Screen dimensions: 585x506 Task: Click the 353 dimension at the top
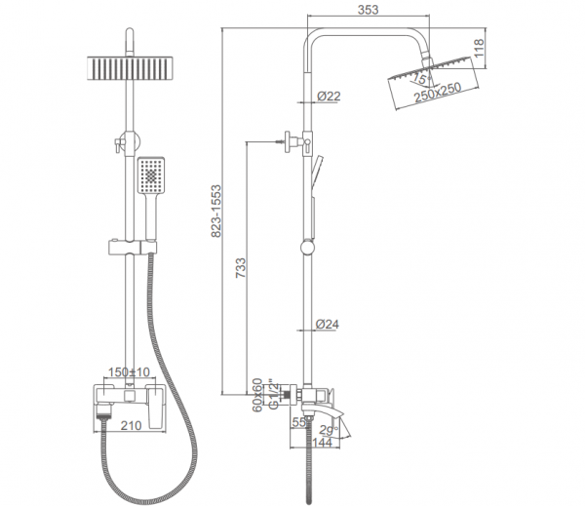368,10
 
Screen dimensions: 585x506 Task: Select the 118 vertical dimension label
479,48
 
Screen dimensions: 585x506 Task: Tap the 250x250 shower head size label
438,93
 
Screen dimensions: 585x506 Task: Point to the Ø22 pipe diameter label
329,97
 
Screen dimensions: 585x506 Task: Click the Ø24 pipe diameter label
328,324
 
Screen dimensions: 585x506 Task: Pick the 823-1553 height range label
216,212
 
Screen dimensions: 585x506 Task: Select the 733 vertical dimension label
241,268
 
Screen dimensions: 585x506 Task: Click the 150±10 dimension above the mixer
129,372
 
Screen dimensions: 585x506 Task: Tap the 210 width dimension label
131,425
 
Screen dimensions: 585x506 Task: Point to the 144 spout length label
322,443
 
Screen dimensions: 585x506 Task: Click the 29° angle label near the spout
329,430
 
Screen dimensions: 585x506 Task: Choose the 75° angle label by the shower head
420,79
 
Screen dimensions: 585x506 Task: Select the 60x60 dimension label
257,395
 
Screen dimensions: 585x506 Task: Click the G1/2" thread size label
273,395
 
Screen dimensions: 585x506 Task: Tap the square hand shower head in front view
151,175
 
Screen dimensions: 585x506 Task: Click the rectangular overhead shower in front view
131,68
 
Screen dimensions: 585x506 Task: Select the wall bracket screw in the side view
280,141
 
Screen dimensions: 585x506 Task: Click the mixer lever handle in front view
156,406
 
